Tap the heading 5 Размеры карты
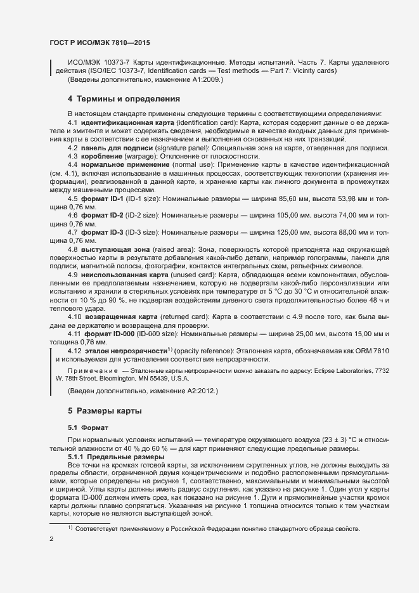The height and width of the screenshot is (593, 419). click(105, 411)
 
